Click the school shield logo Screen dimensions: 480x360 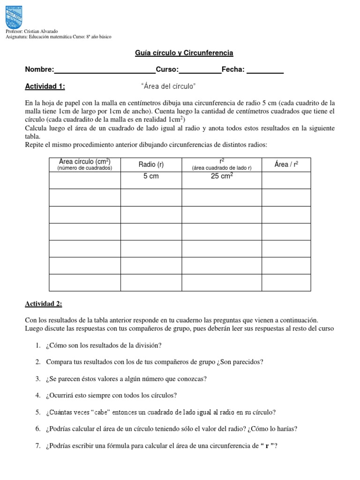tap(14, 17)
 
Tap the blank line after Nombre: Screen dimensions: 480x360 tap(105, 70)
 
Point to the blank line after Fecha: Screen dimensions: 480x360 tap(265, 70)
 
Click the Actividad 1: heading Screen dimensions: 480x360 tap(45, 86)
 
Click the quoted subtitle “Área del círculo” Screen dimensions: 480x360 tap(168, 86)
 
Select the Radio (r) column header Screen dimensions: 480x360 tap(151, 164)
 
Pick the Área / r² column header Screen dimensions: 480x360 tap(286, 164)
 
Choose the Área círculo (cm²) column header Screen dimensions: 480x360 tap(85, 165)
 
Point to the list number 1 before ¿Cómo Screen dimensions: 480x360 tap(38, 345)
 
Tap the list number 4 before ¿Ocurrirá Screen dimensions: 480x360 tap(38, 395)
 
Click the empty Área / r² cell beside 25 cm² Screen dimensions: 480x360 tap(286, 180)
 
